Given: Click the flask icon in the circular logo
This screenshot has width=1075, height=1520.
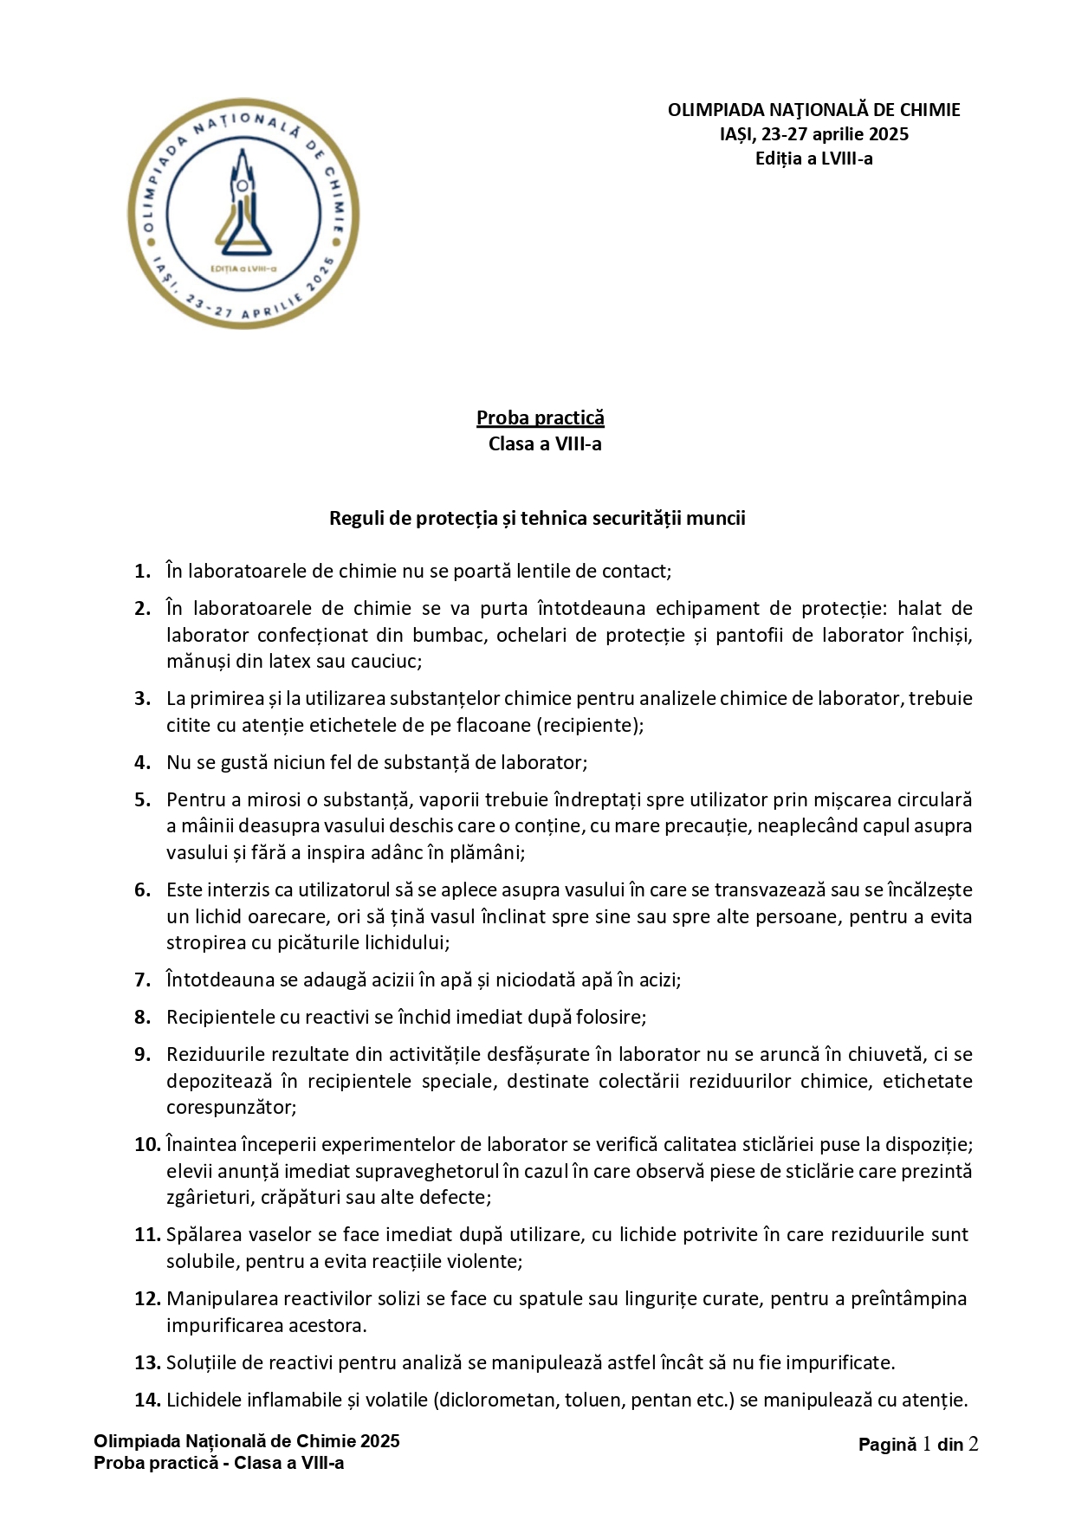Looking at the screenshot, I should click(243, 211).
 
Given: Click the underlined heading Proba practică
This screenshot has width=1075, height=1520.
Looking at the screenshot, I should click(541, 417).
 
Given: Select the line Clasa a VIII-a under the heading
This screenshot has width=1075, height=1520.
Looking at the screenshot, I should click(545, 444).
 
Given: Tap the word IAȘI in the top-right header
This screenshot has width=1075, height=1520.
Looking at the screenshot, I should click(736, 134).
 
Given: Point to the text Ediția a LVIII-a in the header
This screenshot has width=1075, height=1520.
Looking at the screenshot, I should click(813, 158).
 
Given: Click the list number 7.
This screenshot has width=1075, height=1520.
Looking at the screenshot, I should click(143, 980).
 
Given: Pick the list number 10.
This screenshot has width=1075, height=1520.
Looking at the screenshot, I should click(147, 1144).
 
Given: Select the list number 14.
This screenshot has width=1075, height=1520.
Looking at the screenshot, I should click(147, 1400).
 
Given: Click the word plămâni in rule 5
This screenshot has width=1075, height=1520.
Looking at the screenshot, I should click(487, 852).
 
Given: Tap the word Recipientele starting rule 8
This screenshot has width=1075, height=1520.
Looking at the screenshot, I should click(221, 1017).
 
